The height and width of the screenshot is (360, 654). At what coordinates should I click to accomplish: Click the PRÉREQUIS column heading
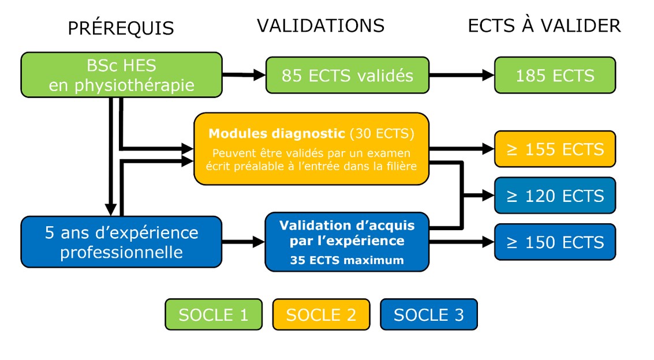pyautogui.click(x=121, y=28)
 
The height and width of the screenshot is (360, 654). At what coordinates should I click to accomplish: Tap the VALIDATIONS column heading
pyautogui.click(x=320, y=26)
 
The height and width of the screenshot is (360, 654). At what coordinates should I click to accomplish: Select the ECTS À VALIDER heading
pyautogui.click(x=544, y=26)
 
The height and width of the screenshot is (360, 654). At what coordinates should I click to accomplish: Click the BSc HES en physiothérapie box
pyautogui.click(x=121, y=75)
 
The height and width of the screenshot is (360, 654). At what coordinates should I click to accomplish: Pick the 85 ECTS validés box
pyautogui.click(x=347, y=75)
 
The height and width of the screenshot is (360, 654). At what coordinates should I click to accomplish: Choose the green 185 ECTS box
pyautogui.click(x=555, y=75)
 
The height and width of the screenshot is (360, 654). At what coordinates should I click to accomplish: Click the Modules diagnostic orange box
pyautogui.click(x=312, y=149)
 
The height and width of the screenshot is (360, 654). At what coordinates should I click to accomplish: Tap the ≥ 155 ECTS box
pyautogui.click(x=555, y=149)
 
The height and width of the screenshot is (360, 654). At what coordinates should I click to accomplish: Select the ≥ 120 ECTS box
pyautogui.click(x=555, y=196)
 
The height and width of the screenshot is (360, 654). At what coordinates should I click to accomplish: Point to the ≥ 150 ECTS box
pyautogui.click(x=555, y=242)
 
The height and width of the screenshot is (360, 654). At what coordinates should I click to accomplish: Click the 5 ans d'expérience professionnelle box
pyautogui.click(x=121, y=242)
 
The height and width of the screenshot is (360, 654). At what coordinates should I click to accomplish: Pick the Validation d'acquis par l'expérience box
pyautogui.click(x=347, y=242)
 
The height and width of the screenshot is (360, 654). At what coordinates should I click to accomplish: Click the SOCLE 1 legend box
pyautogui.click(x=214, y=314)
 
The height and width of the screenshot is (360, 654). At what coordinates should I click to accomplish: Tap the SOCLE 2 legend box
pyautogui.click(x=321, y=314)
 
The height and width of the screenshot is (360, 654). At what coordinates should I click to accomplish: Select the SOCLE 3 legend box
pyautogui.click(x=429, y=314)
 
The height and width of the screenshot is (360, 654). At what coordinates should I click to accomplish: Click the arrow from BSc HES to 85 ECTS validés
pyautogui.click(x=244, y=75)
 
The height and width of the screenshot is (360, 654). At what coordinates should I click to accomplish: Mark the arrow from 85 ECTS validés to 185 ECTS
pyautogui.click(x=462, y=75)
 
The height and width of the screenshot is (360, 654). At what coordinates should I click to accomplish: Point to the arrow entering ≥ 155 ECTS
pyautogui.click(x=462, y=148)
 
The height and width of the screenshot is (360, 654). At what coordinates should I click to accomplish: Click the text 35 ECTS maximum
pyautogui.click(x=347, y=260)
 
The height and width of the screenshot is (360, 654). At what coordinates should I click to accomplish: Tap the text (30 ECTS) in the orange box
pyautogui.click(x=382, y=133)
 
